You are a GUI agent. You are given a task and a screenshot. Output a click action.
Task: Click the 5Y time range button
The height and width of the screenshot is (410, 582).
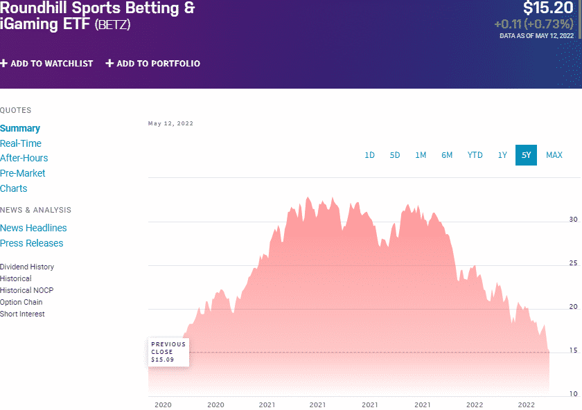point(526,155)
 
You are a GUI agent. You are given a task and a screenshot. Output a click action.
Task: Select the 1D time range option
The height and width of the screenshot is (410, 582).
point(369,155)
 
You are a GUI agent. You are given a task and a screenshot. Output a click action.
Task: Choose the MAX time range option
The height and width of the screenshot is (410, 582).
point(554,155)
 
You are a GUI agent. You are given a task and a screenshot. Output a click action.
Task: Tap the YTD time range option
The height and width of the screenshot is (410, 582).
point(475,155)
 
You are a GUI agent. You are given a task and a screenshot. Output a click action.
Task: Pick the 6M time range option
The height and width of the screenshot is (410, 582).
point(447,155)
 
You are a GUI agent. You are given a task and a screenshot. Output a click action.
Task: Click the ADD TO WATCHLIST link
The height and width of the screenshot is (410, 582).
point(46,64)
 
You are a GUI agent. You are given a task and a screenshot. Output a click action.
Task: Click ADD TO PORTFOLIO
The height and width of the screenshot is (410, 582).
point(152,64)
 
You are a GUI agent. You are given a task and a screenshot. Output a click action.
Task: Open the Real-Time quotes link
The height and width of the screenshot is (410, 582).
point(21,143)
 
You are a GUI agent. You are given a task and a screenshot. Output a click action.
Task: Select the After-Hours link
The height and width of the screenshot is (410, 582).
point(24,158)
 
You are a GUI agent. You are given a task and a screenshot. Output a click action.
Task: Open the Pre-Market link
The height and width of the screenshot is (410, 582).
point(23,173)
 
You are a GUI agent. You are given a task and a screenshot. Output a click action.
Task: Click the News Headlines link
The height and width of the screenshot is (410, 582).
point(33,228)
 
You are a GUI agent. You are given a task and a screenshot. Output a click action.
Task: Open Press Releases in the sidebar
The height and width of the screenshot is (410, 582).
point(32,243)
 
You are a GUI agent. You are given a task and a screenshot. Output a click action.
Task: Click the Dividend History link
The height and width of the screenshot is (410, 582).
point(27,267)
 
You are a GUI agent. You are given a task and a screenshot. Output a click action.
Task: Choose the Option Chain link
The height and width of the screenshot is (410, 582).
point(21,302)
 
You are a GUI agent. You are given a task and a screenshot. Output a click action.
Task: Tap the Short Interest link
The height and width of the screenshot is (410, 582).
point(22,314)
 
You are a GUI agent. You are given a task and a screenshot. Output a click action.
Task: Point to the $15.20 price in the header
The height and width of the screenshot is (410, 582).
point(549,8)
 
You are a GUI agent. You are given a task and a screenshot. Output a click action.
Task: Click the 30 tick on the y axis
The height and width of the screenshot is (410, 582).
point(573,220)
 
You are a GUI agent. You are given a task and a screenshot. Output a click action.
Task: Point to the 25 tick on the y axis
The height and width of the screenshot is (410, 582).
point(573,263)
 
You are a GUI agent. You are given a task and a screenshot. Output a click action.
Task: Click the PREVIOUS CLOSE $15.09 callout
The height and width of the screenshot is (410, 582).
point(168,352)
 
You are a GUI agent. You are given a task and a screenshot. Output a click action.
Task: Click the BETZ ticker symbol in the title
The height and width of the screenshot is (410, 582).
point(112,24)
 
